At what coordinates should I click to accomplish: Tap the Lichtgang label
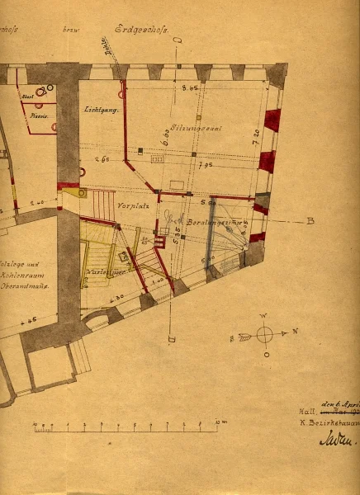pos(101,110)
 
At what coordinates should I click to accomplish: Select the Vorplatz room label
pos(131,204)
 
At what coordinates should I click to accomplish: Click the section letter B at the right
pos(310,221)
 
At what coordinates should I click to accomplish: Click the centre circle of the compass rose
pos(264,334)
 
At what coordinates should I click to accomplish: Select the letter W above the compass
pos(264,316)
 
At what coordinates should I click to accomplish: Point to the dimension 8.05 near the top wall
pos(188,86)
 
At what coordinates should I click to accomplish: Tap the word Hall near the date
pos(306,409)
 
